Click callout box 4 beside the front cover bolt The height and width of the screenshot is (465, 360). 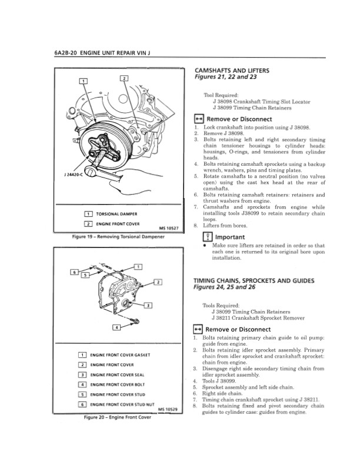click(x=117, y=326)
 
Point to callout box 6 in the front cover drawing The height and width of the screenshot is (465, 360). click(x=74, y=272)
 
